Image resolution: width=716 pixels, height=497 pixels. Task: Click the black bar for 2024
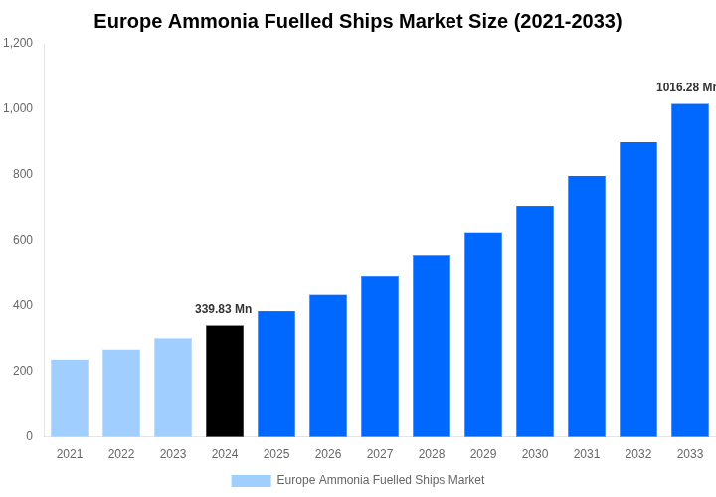tap(225, 381)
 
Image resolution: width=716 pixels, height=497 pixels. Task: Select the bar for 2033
tap(690, 270)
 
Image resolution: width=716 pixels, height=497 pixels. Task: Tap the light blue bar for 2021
tap(70, 398)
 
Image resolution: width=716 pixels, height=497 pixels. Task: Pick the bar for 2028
tap(432, 346)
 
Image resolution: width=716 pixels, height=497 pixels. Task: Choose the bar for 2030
tap(535, 321)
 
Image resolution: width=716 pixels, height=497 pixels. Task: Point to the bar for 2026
tap(328, 366)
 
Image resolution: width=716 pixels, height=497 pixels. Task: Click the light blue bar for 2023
tap(173, 388)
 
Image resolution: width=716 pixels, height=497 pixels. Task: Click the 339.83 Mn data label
tap(224, 309)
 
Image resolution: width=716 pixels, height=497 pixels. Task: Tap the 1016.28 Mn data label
tap(686, 87)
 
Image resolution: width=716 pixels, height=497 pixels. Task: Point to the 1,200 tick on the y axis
tap(18, 43)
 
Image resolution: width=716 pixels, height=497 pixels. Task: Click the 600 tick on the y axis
tap(22, 240)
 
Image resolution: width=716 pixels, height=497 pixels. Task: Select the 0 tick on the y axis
tap(29, 436)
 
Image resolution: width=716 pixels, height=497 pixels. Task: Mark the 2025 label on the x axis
tap(276, 454)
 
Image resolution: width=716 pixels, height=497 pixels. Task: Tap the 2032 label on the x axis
tap(638, 454)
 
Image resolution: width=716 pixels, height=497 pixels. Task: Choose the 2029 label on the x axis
tap(483, 454)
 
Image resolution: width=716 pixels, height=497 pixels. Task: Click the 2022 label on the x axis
tap(121, 454)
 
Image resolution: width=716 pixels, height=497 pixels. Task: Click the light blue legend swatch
tap(251, 481)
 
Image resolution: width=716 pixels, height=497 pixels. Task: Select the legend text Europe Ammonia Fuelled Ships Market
tap(381, 480)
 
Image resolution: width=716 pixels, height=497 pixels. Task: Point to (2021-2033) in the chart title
tap(568, 21)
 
